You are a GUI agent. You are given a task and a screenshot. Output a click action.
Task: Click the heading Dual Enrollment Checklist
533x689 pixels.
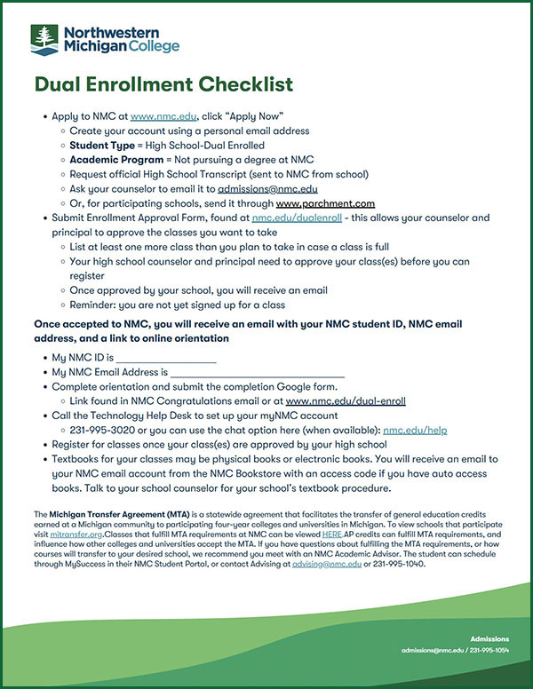[x=163, y=85]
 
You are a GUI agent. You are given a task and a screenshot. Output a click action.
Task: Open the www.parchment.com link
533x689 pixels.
[x=325, y=202]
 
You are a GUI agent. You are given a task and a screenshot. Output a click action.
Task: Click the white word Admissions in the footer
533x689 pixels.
[x=489, y=663]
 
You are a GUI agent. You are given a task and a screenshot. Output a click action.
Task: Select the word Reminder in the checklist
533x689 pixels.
[x=96, y=305]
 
